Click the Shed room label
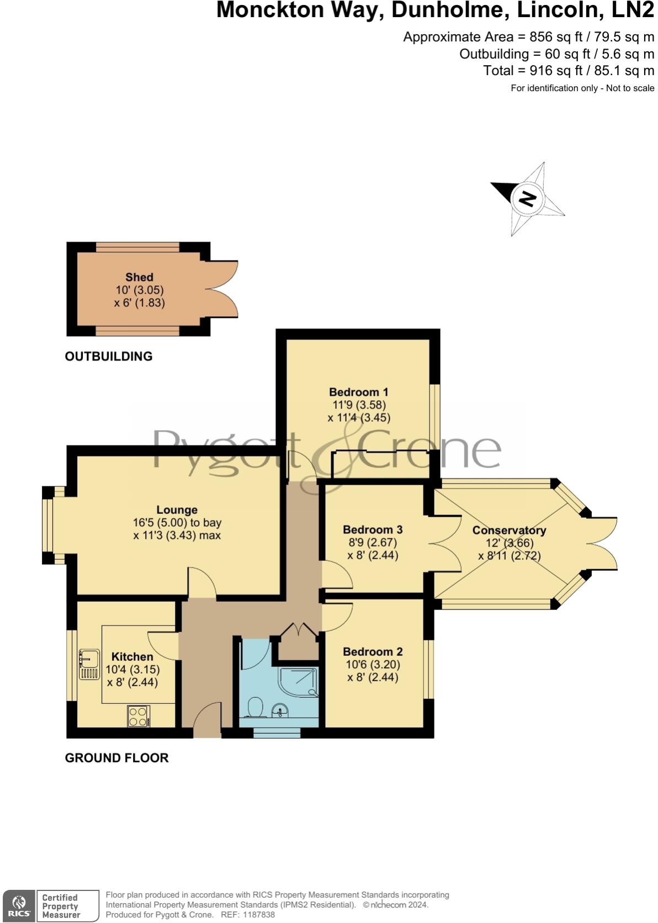click(139, 277)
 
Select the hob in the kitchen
click(138, 717)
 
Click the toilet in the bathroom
click(256, 707)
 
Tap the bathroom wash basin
click(281, 710)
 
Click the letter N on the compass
click(528, 198)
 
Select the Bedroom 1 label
click(358, 392)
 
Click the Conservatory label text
click(509, 531)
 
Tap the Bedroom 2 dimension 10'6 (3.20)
click(373, 665)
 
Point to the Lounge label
click(177, 510)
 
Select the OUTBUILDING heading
click(109, 357)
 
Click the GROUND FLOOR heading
click(116, 758)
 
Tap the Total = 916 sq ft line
click(569, 71)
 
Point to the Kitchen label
click(132, 657)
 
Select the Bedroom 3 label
click(373, 529)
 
